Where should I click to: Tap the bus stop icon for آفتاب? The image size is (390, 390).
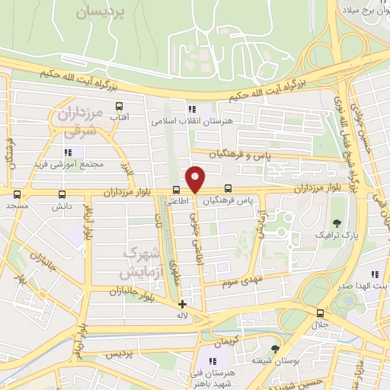point(118,107)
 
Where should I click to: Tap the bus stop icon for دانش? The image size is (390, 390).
point(61,194)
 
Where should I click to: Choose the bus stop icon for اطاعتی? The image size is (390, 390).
point(177,190)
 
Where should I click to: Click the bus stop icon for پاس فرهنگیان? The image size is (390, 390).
point(229,190)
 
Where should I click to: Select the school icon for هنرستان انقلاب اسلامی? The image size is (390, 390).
point(193,109)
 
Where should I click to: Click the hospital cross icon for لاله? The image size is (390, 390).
point(182,303)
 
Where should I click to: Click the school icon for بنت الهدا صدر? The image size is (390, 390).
point(374,273)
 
